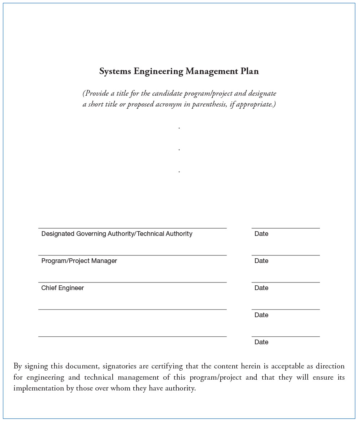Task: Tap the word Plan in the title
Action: [250, 72]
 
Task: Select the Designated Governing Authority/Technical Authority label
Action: [117, 234]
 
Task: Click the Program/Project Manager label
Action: [79, 261]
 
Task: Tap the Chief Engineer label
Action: [62, 288]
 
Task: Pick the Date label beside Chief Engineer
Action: [261, 288]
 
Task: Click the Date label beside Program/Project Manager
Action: [261, 261]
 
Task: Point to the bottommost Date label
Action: [261, 342]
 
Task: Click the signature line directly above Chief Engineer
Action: [132, 282]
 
